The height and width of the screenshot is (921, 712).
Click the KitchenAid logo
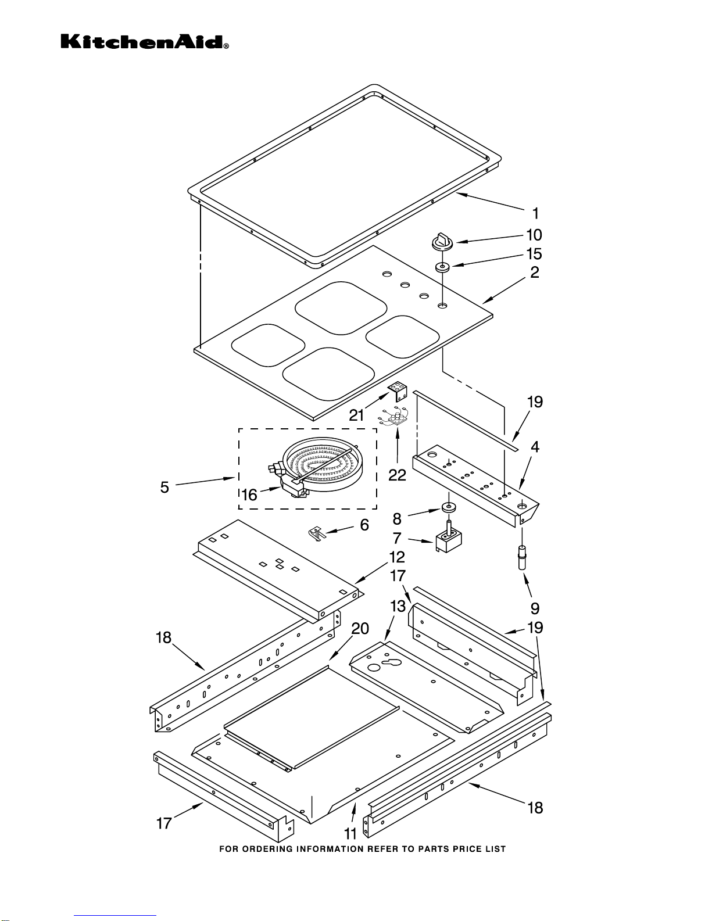145,42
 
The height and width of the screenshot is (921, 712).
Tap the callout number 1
535,214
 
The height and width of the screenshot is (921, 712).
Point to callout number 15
534,254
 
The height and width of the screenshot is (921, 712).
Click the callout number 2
535,272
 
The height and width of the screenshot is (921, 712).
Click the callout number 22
397,475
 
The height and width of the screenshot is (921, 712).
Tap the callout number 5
164,488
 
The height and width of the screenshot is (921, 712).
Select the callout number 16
249,494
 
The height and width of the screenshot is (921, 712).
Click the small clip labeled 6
317,533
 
